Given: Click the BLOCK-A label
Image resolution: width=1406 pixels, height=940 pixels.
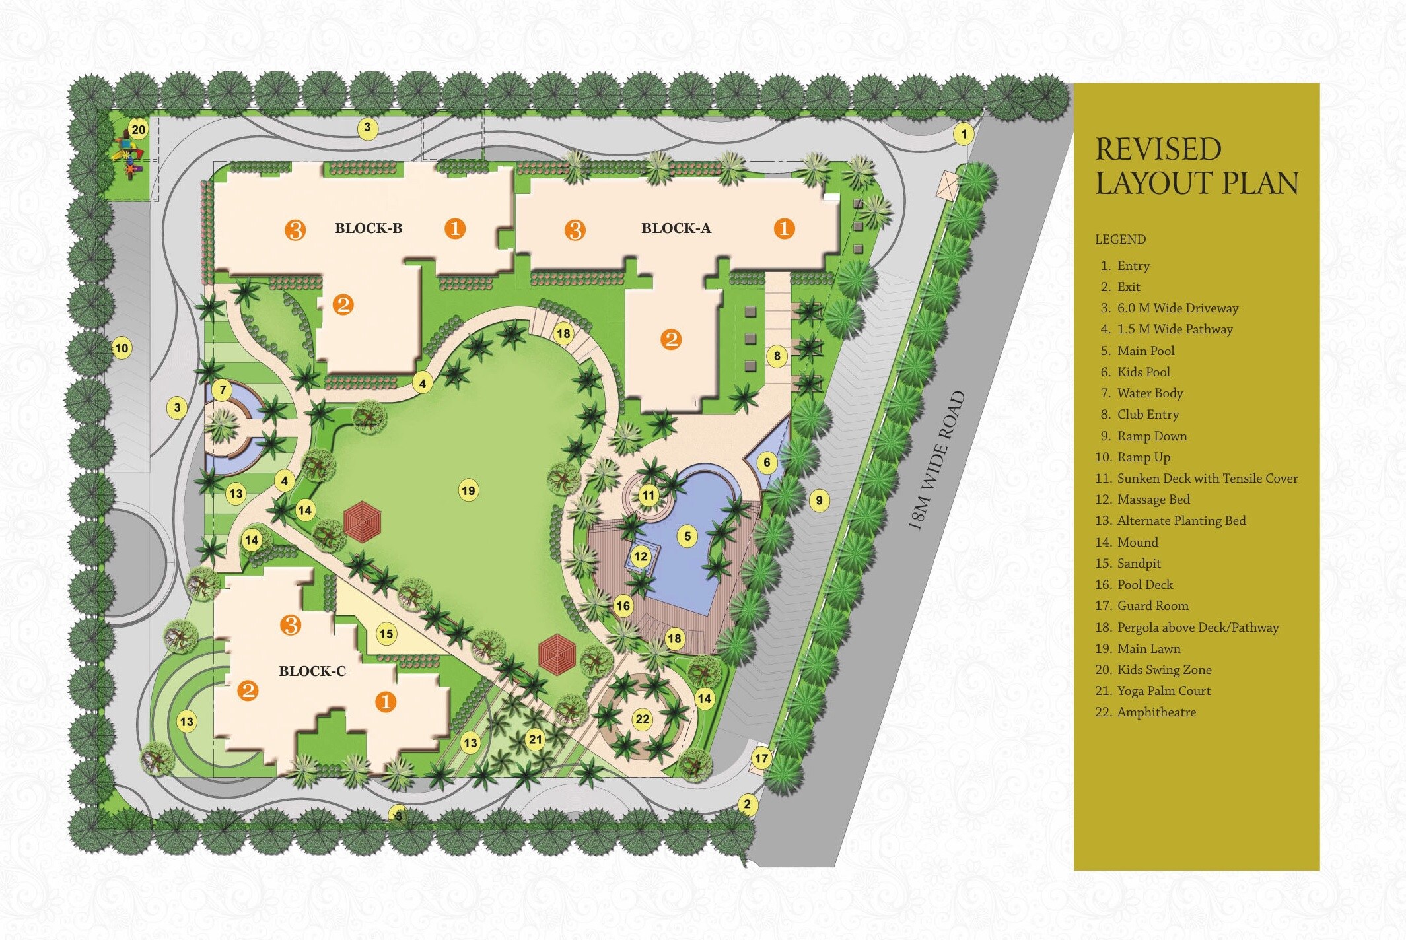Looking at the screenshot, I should (676, 228).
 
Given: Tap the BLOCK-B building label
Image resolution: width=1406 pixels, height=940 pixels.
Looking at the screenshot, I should (368, 228).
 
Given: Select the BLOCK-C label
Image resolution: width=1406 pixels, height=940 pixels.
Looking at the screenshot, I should (312, 671).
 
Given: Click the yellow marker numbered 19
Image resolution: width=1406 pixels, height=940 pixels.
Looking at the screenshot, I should (468, 490).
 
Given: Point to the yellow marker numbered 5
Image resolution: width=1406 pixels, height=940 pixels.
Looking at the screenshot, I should (687, 536).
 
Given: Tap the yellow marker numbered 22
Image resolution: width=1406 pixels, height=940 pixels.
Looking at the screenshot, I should (643, 719).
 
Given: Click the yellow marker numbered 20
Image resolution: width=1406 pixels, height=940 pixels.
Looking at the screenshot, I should (138, 130).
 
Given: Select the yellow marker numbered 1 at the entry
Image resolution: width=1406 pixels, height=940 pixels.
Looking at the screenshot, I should (964, 135).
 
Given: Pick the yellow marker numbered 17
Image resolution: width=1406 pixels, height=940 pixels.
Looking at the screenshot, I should (761, 758).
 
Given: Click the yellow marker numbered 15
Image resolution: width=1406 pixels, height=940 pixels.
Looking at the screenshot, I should (386, 634).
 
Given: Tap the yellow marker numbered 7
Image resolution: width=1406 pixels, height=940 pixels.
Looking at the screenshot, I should (223, 390).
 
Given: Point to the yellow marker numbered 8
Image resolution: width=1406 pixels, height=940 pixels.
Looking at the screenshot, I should (777, 356).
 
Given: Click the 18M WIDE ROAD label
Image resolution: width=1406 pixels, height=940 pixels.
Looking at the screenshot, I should (937, 460).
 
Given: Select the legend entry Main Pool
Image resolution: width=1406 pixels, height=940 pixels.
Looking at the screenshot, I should (1145, 351).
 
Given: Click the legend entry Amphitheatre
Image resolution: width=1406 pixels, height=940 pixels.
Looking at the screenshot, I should (1156, 712).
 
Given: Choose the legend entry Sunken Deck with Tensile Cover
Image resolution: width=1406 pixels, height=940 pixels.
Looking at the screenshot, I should (1207, 478).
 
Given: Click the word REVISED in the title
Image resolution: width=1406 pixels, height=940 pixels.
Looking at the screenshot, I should (1158, 149).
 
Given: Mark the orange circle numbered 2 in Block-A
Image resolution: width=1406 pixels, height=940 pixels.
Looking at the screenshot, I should (671, 339).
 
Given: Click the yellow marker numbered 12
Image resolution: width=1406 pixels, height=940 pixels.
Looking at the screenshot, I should (641, 556).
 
